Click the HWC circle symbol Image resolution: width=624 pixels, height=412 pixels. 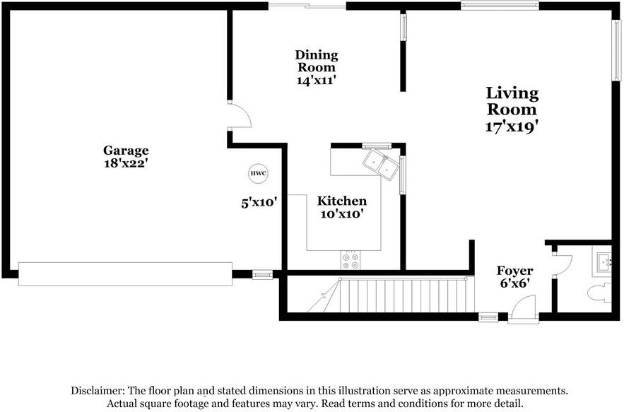[x=253, y=173]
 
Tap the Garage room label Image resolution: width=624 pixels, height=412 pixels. [x=126, y=150]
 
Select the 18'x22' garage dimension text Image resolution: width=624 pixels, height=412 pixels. [x=126, y=163]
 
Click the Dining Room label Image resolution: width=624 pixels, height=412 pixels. [x=316, y=61]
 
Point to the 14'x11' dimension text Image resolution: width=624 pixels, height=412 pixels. [x=316, y=81]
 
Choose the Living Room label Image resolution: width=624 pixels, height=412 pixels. [x=512, y=101]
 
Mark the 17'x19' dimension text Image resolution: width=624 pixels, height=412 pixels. [x=512, y=127]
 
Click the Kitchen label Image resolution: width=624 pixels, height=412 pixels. [x=341, y=201]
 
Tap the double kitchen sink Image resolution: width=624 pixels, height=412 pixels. [x=379, y=164]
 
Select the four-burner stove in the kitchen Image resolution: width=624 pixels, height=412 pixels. [x=350, y=260]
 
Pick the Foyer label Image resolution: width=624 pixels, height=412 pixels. [x=514, y=271]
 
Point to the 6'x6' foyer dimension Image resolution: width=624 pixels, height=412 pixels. [x=514, y=284]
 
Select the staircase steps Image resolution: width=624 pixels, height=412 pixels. [x=399, y=295]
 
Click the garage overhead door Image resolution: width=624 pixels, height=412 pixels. [x=125, y=273]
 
